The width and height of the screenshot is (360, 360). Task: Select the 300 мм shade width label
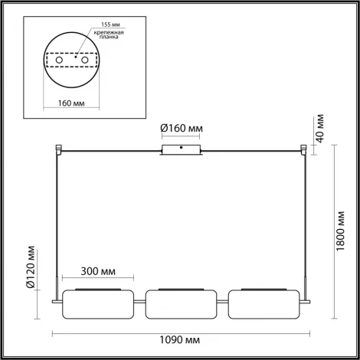[x=97, y=270]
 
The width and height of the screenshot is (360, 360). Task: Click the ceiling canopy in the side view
[x=182, y=149]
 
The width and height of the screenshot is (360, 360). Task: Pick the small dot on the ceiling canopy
[x=181, y=147]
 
